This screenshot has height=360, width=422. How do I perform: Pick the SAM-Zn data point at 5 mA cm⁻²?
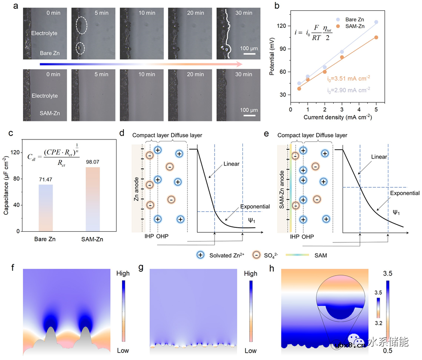click(x=376, y=38)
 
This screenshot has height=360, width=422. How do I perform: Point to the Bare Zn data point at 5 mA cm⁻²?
click(x=376, y=22)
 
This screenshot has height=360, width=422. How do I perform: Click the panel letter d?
click(x=122, y=133)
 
